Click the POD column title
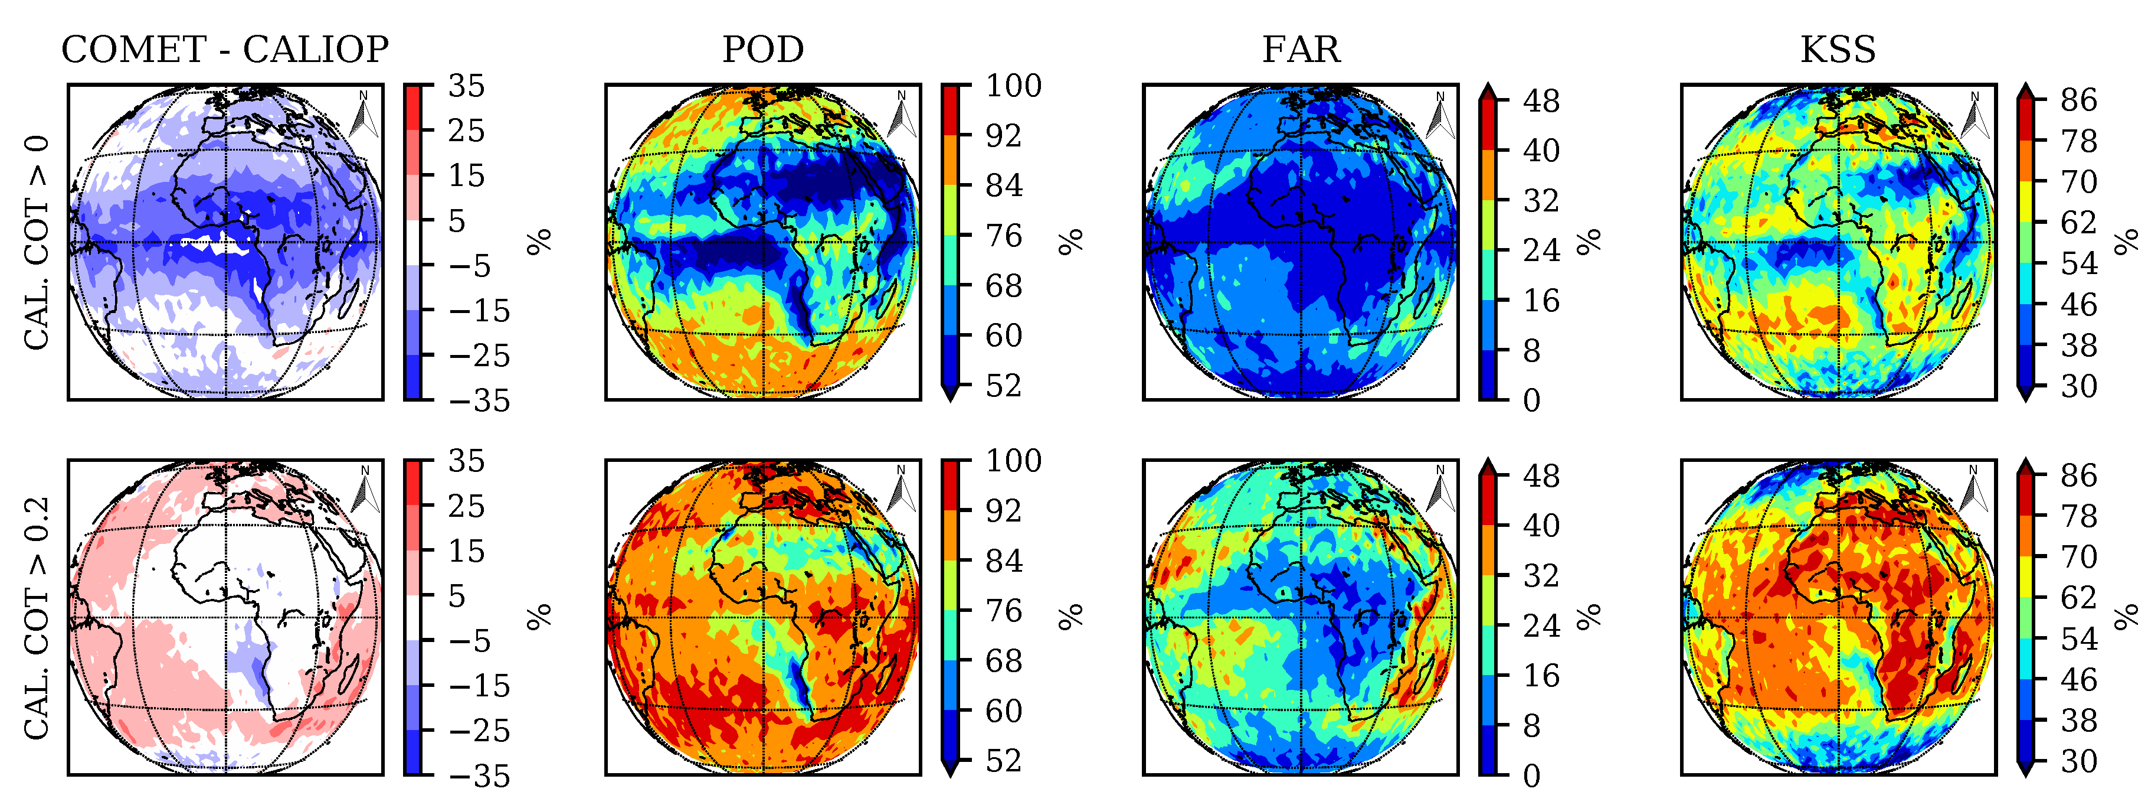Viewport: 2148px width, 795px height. pyautogui.click(x=762, y=50)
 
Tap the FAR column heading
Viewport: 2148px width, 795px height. pyautogui.click(x=1300, y=50)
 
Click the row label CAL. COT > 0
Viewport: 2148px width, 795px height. pyautogui.click(x=37, y=242)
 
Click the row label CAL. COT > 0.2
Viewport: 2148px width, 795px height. pyautogui.click(x=37, y=617)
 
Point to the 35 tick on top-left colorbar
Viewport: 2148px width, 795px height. pyautogui.click(x=466, y=86)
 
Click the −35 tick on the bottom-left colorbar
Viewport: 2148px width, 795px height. pyautogui.click(x=478, y=776)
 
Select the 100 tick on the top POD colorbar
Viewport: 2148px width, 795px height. pyautogui.click(x=1013, y=86)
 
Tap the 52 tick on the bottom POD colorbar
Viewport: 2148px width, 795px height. pyautogui.click(x=1003, y=761)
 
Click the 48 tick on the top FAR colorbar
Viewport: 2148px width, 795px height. pyautogui.click(x=1541, y=101)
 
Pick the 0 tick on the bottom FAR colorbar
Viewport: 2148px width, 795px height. pyautogui.click(x=1532, y=776)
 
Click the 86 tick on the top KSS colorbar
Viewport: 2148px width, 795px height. pyautogui.click(x=2079, y=100)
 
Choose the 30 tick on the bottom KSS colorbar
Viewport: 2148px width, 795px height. pyautogui.click(x=2079, y=761)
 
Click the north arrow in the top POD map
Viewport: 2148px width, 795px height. pyautogui.click(x=902, y=115)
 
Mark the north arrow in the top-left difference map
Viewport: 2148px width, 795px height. pyautogui.click(x=365, y=115)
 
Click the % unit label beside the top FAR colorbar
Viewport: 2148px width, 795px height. pyautogui.click(x=1589, y=242)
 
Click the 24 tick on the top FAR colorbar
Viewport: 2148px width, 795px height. pyautogui.click(x=1541, y=250)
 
